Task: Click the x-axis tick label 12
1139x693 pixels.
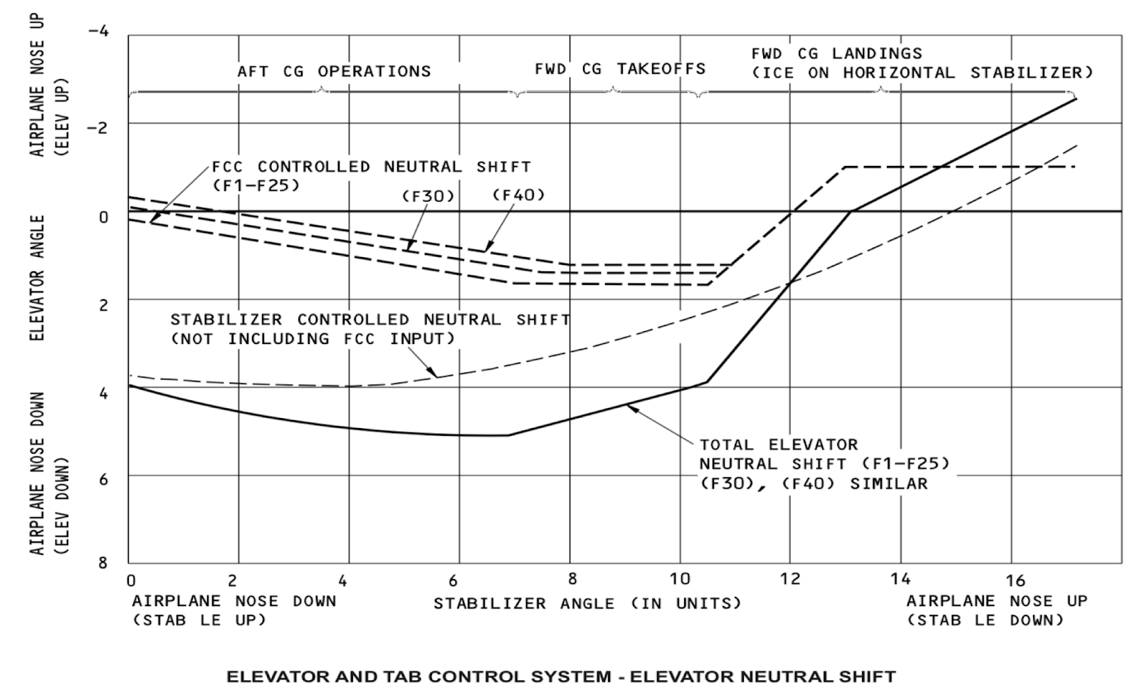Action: (789, 579)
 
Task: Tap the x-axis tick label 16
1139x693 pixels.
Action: (1015, 580)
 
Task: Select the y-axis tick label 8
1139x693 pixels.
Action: (103, 563)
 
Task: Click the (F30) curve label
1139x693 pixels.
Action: (429, 196)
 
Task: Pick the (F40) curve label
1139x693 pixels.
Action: (519, 194)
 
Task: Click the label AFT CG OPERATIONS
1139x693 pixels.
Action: (334, 72)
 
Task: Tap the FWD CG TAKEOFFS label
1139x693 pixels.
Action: (620, 69)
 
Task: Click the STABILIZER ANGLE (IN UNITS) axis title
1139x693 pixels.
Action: (587, 603)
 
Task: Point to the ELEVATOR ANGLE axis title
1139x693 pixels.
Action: (38, 278)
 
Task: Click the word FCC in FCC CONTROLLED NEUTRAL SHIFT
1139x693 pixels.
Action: (228, 167)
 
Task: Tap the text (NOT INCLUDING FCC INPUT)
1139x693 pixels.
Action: (313, 339)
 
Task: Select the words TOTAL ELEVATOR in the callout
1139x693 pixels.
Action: (779, 445)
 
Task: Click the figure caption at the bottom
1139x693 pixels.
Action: (561, 676)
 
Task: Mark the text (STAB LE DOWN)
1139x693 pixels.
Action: (986, 620)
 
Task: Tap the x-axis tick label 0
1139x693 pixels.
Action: (131, 580)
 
